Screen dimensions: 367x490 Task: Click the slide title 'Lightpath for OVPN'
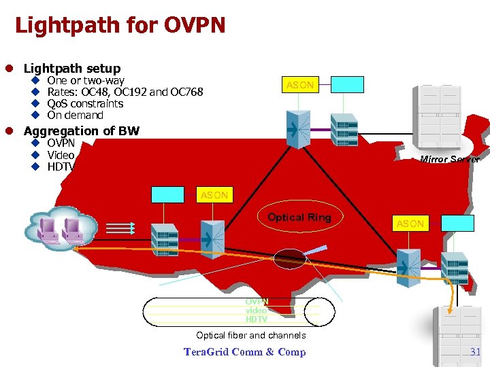click(120, 26)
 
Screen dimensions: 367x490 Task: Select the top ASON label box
click(300, 85)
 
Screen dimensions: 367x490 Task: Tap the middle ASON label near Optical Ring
click(214, 195)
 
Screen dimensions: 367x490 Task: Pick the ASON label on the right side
click(410, 224)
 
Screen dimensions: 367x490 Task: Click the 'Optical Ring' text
click(299, 217)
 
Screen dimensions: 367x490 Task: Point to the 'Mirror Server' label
click(449, 160)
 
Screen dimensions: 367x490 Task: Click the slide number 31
click(475, 351)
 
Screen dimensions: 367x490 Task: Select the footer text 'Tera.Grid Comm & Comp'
click(244, 351)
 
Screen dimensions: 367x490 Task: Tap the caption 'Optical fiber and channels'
click(251, 335)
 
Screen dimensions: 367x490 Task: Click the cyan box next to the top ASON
click(348, 84)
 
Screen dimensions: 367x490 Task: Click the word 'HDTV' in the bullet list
click(61, 167)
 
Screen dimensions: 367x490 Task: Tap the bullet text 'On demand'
click(75, 116)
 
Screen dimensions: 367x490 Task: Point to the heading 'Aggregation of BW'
click(82, 130)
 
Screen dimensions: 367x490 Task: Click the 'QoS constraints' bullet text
click(85, 104)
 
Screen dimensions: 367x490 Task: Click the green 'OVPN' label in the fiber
click(257, 302)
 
